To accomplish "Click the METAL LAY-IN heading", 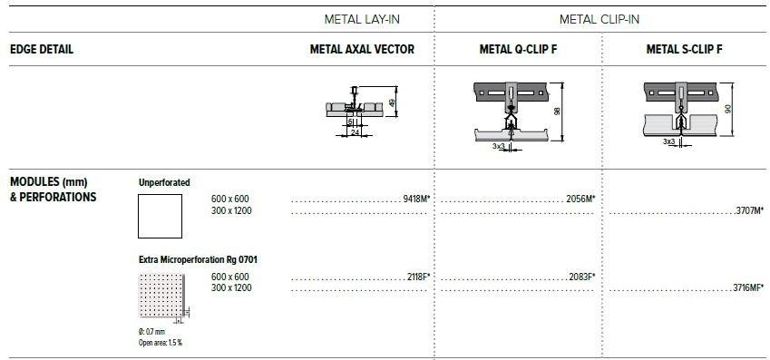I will tap(362, 19).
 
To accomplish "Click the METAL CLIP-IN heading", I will tap(600, 19).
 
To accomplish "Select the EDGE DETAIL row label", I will tap(41, 50).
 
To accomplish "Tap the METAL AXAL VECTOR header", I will tap(362, 50).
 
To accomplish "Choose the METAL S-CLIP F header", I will tap(684, 50).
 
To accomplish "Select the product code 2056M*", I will tap(580, 198).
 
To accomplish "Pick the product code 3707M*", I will tap(748, 210).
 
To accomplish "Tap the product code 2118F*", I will tap(419, 275).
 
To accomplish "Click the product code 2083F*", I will tap(580, 275).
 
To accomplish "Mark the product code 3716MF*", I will tap(746, 287).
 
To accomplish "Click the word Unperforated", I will tap(164, 182).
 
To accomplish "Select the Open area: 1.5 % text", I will tap(161, 343).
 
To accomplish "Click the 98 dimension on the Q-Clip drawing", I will tap(559, 111).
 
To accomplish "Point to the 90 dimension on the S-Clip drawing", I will tap(729, 108).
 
